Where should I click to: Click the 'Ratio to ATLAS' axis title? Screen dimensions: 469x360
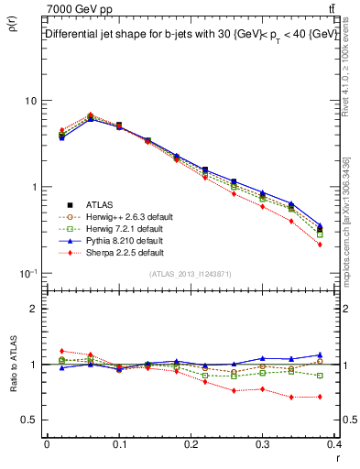(x=13, y=391)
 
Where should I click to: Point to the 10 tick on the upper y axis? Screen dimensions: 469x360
(x=31, y=100)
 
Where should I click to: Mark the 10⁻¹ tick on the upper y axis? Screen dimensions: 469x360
(x=28, y=273)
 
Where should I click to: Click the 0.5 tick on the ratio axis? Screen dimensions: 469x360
(x=30, y=420)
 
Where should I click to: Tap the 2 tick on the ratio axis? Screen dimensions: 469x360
(x=35, y=309)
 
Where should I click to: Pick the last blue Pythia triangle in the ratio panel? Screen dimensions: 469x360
(x=320, y=354)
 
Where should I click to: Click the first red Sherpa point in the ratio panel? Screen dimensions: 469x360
(x=61, y=351)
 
